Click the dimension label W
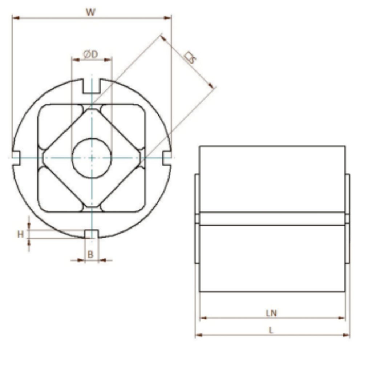(x=90, y=12)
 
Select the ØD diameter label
(x=90, y=54)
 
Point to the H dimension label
(x=21, y=234)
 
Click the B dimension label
(x=90, y=255)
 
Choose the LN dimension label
(x=271, y=313)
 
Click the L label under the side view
(x=271, y=330)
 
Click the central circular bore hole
(x=92, y=158)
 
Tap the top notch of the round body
(x=92, y=86)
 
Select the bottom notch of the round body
(x=92, y=234)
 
